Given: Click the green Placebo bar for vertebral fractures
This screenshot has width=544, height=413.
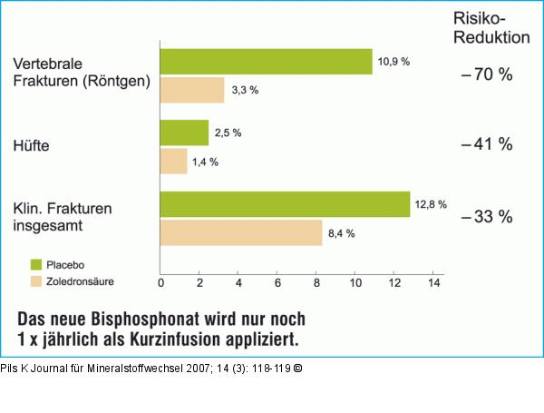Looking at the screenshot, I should (266, 62).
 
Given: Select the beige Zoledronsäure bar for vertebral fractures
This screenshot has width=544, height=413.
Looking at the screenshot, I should (192, 90).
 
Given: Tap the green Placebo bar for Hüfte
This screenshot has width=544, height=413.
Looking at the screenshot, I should (184, 133).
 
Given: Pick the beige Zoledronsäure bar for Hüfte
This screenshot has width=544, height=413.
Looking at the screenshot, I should (173, 162).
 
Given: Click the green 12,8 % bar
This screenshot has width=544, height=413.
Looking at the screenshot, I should (285, 204).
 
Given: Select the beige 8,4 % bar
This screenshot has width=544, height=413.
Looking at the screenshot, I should (241, 232).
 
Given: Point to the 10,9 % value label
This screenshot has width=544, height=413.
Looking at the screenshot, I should (394, 62).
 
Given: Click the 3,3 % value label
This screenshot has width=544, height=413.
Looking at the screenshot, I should (244, 90).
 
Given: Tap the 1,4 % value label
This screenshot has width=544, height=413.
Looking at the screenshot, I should (204, 162).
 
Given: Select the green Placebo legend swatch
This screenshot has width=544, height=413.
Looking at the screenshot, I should (36, 264).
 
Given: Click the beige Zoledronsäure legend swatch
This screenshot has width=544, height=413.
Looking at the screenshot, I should (36, 281).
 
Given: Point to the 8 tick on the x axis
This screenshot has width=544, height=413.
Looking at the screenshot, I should (316, 284).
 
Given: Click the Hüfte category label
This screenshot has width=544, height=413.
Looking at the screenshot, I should (32, 145).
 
